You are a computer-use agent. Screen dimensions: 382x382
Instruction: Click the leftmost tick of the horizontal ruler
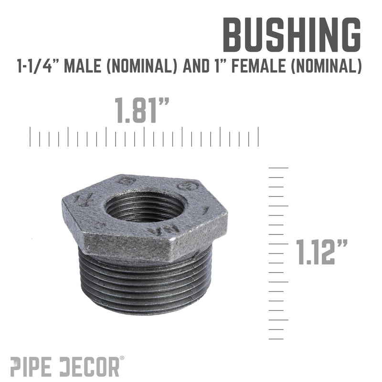click(x=31, y=137)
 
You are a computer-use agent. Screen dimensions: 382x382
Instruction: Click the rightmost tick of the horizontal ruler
click(x=258, y=137)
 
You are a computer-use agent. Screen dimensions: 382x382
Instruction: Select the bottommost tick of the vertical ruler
click(x=276, y=339)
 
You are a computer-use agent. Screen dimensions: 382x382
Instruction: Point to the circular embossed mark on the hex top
click(x=188, y=185)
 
